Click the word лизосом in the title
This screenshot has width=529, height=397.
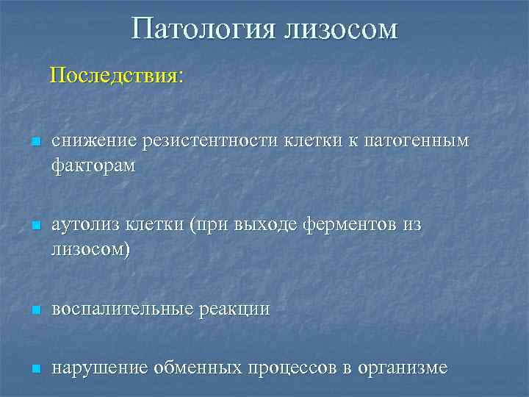[338, 29]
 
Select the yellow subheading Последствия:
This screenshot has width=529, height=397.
[117, 76]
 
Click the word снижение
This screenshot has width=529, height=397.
[87, 141]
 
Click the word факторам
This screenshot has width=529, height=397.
[93, 165]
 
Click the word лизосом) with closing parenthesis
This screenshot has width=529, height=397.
[90, 250]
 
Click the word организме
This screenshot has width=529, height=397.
[403, 368]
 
